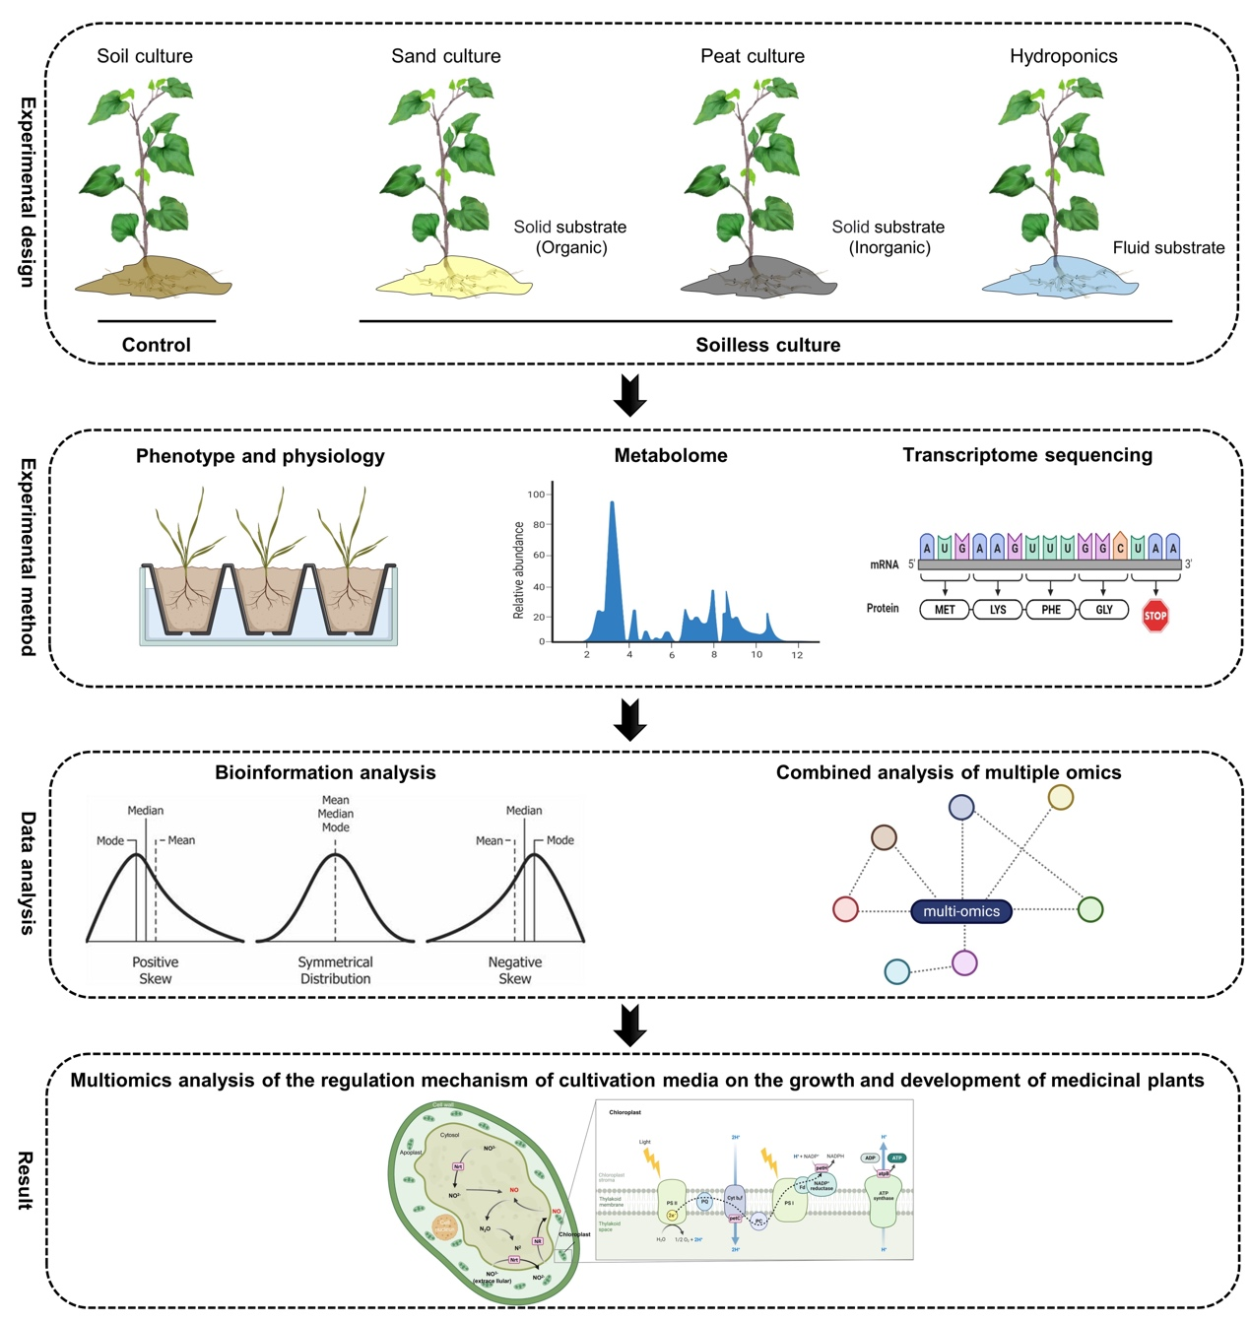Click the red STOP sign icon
click(1154, 616)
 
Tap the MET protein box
click(944, 610)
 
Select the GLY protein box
click(1103, 610)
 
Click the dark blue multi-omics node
click(961, 911)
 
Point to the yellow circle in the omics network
click(1060, 797)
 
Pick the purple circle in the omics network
click(964, 962)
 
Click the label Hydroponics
click(1063, 56)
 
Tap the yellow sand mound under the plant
click(453, 281)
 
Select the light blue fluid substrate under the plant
click(1060, 280)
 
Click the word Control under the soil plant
click(156, 345)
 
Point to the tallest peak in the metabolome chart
click(612, 505)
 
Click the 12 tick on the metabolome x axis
click(797, 654)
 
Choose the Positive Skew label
click(155, 970)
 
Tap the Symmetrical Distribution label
click(335, 970)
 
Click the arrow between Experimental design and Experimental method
click(629, 395)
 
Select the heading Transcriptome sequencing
click(1026, 455)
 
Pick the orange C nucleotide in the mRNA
click(1120, 547)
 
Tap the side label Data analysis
click(28, 873)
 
